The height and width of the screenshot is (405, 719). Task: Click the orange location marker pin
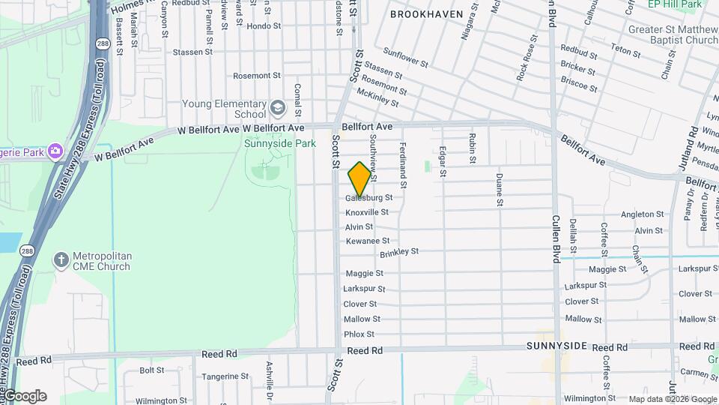[x=359, y=178]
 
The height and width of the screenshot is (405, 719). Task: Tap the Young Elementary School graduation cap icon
[x=278, y=109]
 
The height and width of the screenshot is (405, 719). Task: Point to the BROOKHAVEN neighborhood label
[x=427, y=14]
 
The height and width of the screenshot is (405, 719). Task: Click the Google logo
[x=25, y=396]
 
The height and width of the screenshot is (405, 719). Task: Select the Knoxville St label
[x=367, y=212]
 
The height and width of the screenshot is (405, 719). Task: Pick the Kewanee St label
[x=367, y=241]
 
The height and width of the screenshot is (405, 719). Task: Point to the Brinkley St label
[x=398, y=253]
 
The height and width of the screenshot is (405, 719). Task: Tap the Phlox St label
[x=359, y=334]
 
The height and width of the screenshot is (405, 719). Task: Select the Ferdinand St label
[x=403, y=165]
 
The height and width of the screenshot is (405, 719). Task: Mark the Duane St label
[x=499, y=190]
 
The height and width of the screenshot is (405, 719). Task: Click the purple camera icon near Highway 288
[x=55, y=152]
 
